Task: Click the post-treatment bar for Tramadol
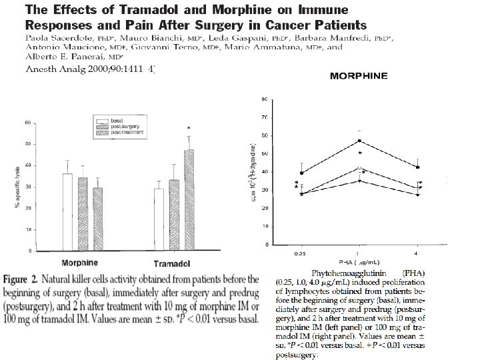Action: pyautogui.click(x=189, y=200)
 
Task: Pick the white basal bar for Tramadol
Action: pyautogui.click(x=159, y=219)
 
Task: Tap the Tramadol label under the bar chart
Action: pyautogui.click(x=174, y=263)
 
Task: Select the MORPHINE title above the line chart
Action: pyautogui.click(x=359, y=76)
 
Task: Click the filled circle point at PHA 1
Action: pyautogui.click(x=359, y=141)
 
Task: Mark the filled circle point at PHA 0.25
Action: pyautogui.click(x=301, y=173)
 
